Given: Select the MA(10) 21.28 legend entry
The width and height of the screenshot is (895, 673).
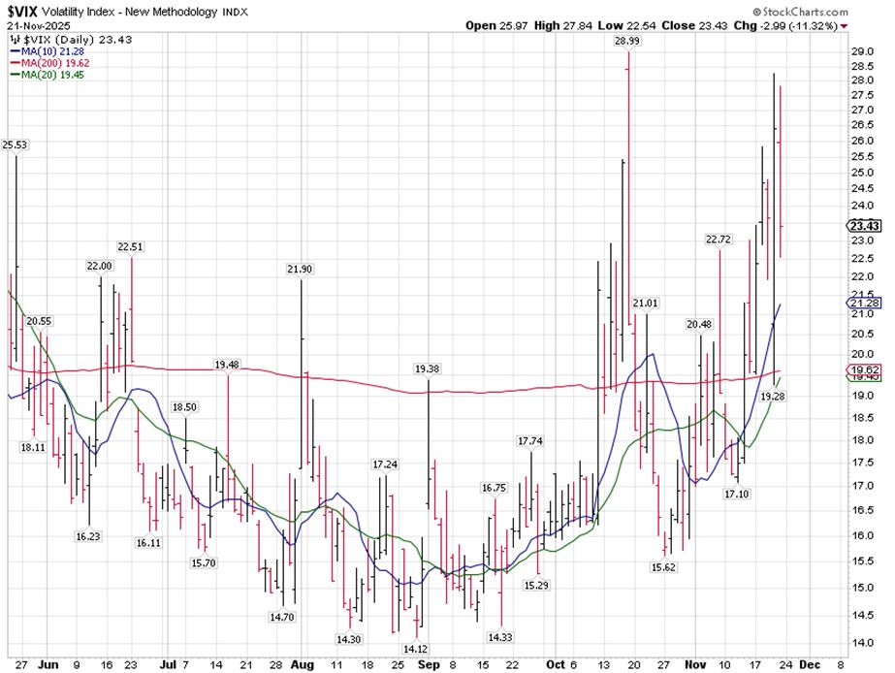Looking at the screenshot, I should (x=51, y=51).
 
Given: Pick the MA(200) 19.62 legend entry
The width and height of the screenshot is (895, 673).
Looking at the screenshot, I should (x=54, y=62).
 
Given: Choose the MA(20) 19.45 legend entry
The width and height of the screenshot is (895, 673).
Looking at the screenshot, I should (x=51, y=74).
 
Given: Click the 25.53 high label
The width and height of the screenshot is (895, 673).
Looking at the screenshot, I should (x=15, y=144).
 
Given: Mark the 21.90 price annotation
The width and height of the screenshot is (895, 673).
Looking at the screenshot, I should (x=300, y=269).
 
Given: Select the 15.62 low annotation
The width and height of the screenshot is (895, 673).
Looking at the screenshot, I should (x=663, y=567).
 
